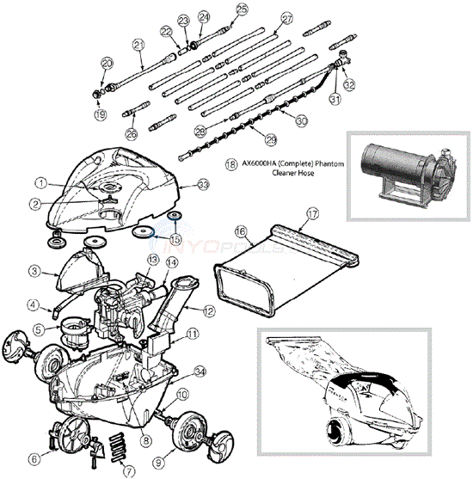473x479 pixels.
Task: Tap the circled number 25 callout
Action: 241,9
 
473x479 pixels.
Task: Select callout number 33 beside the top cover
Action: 203,184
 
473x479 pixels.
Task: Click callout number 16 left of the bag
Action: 242,231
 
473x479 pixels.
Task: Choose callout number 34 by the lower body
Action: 200,371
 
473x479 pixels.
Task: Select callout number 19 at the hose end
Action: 100,114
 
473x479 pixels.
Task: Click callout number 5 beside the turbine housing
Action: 40,329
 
